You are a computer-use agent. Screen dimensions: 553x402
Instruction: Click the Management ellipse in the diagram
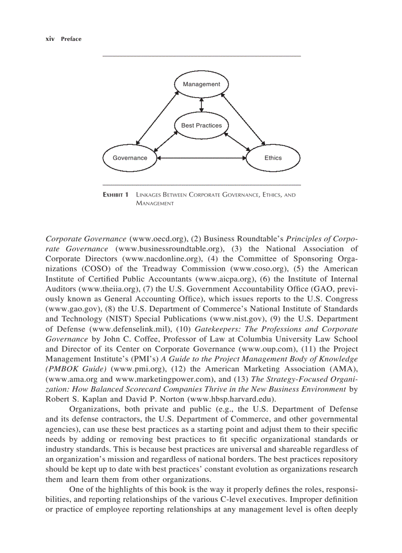[x=201, y=84]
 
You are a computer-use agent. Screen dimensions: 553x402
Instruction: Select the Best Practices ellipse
[x=201, y=126]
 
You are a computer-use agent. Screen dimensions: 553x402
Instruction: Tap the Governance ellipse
[x=130, y=158]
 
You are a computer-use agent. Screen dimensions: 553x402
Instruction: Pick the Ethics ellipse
[x=272, y=158]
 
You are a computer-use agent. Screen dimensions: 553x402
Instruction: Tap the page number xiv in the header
[x=49, y=39]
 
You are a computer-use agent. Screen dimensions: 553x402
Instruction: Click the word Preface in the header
[x=71, y=39]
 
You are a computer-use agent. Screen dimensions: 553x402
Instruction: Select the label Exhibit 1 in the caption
[x=115, y=195]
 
